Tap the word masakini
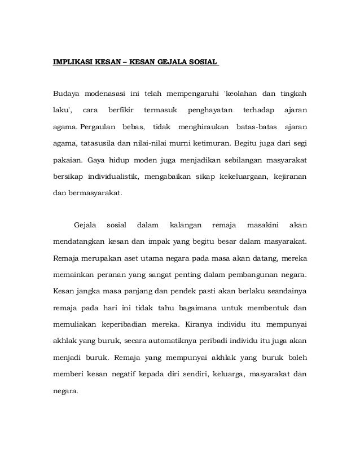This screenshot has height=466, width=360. [264, 226]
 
